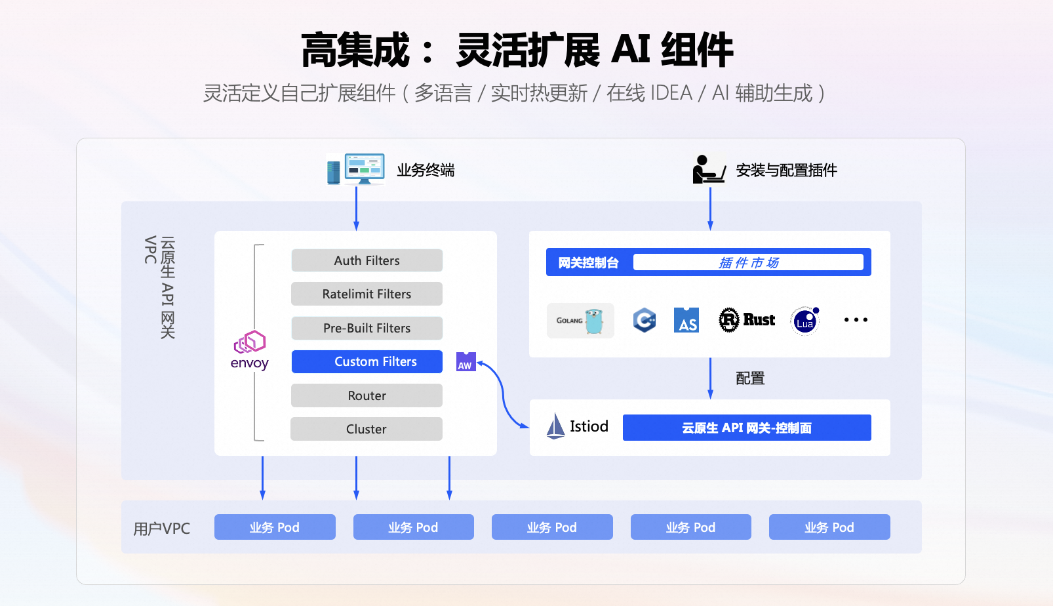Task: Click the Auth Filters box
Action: [367, 260]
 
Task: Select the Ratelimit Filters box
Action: [367, 294]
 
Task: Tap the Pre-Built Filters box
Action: [367, 328]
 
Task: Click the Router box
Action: [367, 395]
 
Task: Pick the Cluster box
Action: [366, 429]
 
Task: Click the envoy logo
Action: [250, 350]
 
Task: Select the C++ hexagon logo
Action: [645, 320]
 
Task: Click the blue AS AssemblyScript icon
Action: [686, 320]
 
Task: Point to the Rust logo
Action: [747, 320]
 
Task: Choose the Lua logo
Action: [805, 321]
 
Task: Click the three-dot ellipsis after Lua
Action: [856, 320]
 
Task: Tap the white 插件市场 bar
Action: [748, 262]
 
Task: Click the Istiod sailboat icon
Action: [555, 426]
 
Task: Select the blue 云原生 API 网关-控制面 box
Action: [747, 428]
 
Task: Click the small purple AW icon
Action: [466, 361]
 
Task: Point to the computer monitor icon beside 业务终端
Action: [364, 169]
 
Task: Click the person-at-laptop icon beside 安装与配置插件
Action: [708, 170]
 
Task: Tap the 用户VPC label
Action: [161, 529]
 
